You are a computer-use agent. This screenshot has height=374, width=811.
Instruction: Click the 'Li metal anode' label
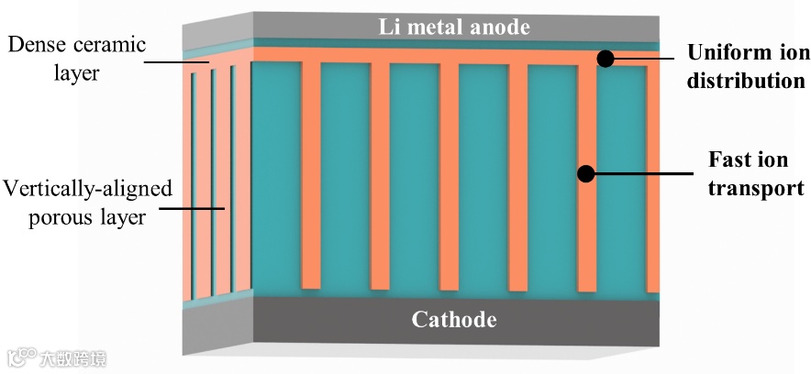(x=455, y=27)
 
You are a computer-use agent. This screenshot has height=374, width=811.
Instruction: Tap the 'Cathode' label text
(x=453, y=320)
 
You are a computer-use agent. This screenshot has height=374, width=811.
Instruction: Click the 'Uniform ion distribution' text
(x=747, y=66)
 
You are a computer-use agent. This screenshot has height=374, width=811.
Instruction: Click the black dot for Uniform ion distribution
(x=605, y=59)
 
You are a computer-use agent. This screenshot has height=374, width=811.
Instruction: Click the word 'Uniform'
(x=720, y=53)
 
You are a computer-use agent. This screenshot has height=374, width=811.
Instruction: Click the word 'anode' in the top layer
(x=499, y=27)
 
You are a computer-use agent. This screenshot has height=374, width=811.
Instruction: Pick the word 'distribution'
(x=747, y=81)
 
